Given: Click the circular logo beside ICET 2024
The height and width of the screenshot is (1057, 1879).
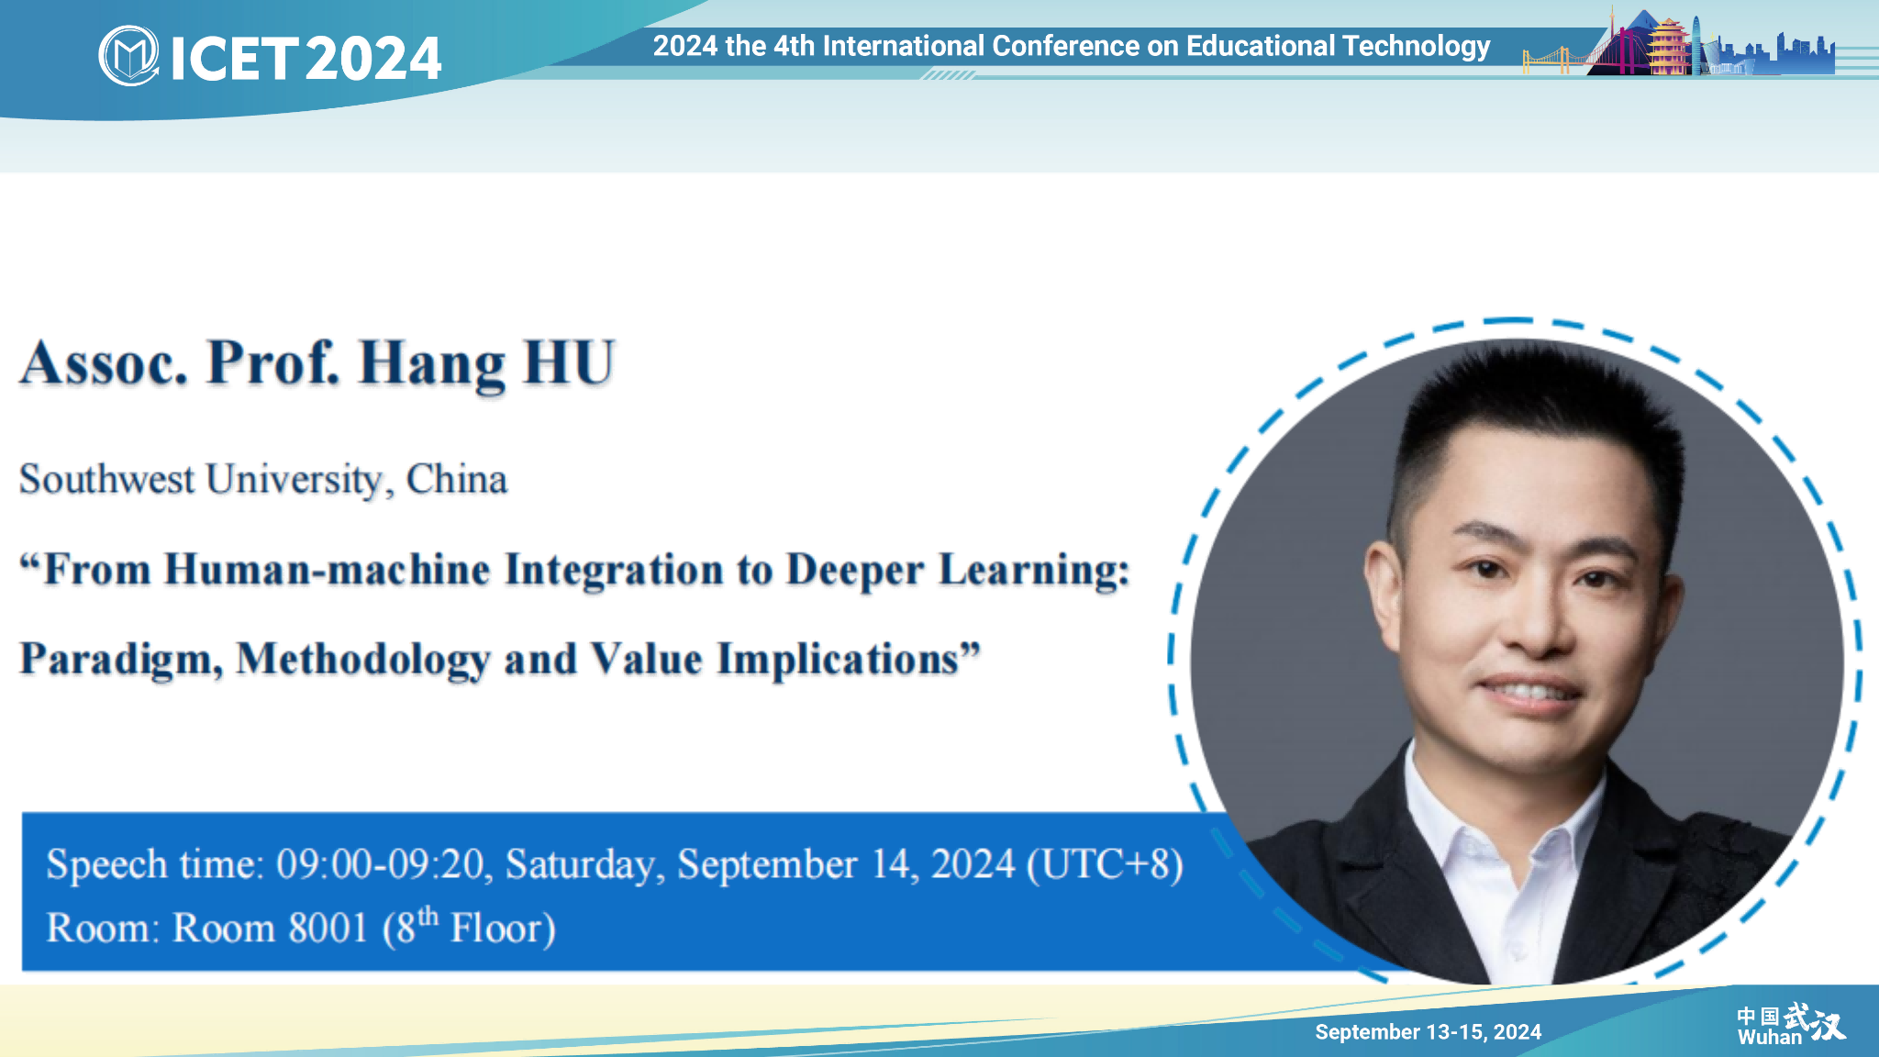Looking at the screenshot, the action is coord(128,56).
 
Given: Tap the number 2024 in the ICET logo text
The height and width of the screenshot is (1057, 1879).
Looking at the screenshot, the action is coord(373,59).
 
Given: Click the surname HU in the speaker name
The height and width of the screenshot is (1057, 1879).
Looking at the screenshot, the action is coord(569,362).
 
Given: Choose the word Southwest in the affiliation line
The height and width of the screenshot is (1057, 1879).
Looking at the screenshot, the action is coord(107,479).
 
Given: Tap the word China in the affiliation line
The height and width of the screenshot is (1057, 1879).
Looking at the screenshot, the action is coord(457,479).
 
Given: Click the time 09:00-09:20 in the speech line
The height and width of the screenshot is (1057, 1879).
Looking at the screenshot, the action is coord(381,864).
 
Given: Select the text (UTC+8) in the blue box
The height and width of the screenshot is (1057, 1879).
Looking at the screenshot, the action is coord(1105,864).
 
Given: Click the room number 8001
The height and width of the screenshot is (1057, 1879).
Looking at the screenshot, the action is coord(328,928).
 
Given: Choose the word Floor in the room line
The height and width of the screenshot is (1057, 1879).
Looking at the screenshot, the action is coord(503,929).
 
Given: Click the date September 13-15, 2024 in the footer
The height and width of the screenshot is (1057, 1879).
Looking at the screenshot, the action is coord(1429,1032).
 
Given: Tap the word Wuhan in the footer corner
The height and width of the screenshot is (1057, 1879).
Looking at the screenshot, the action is coord(1770,1038).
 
